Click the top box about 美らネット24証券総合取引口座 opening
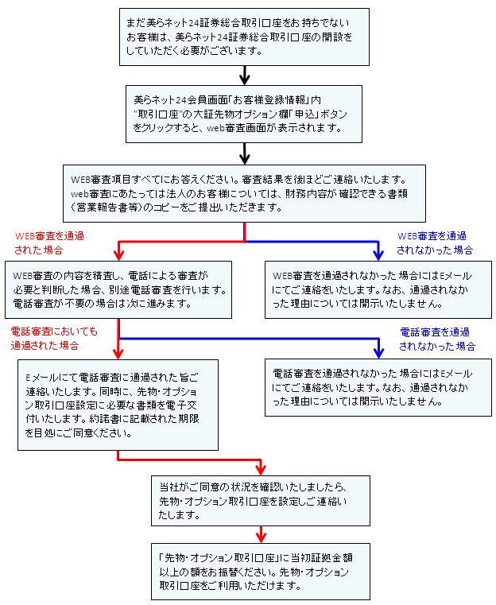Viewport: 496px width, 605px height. [x=244, y=37]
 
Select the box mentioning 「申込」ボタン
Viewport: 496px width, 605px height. [x=244, y=114]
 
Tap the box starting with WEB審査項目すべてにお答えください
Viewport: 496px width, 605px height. [x=244, y=194]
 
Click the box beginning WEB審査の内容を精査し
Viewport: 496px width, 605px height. [x=118, y=289]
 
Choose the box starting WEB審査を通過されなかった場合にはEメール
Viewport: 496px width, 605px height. [x=378, y=289]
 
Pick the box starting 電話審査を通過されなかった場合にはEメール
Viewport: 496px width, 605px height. [x=378, y=387]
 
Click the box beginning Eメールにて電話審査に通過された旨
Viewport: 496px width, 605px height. [x=118, y=405]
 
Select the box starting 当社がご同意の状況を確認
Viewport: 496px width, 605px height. [x=261, y=501]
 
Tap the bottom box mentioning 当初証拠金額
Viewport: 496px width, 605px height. [x=261, y=572]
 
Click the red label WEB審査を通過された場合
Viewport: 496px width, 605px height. [x=49, y=243]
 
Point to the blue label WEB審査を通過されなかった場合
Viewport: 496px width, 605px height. [x=435, y=243]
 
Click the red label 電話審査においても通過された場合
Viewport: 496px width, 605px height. [x=54, y=339]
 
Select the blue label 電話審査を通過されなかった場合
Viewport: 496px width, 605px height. [x=437, y=339]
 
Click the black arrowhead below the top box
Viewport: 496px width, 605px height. [x=245, y=80]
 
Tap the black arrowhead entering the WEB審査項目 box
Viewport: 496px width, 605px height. [x=245, y=159]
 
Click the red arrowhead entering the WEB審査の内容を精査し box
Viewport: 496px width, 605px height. [x=118, y=255]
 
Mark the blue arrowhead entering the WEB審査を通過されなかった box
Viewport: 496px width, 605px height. [x=378, y=255]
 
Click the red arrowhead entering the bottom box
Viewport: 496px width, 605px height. [x=261, y=538]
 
